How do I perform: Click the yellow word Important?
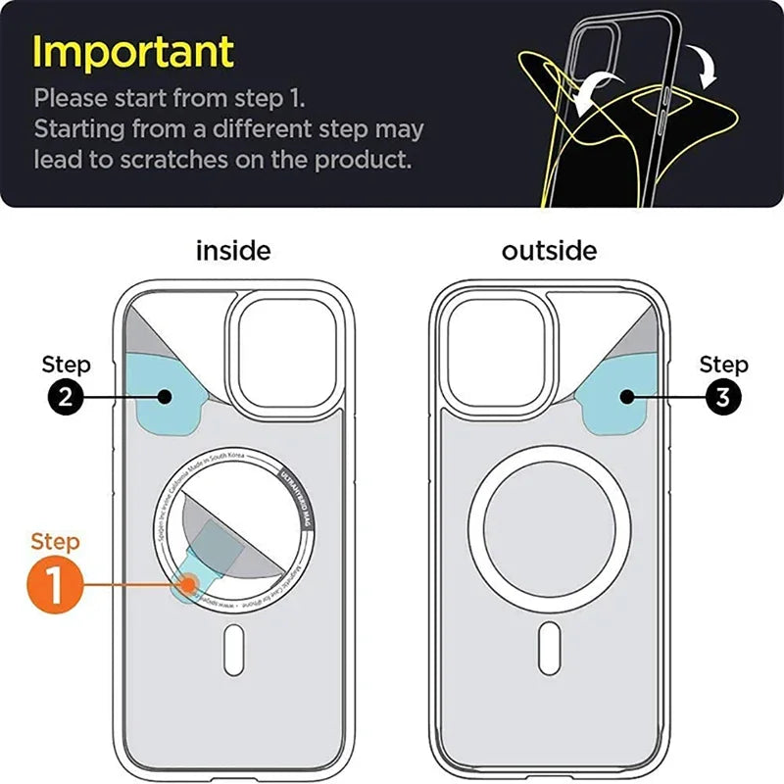click(x=134, y=51)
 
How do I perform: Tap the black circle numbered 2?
click(x=66, y=397)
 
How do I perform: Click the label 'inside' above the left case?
click(x=233, y=251)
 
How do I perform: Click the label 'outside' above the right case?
click(x=549, y=251)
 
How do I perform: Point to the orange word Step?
click(x=56, y=541)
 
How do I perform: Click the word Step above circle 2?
click(x=66, y=365)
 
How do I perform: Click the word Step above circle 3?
click(x=723, y=365)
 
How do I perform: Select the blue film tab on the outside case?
click(x=622, y=397)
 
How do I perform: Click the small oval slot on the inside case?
click(x=232, y=648)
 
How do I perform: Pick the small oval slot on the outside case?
click(x=548, y=648)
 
